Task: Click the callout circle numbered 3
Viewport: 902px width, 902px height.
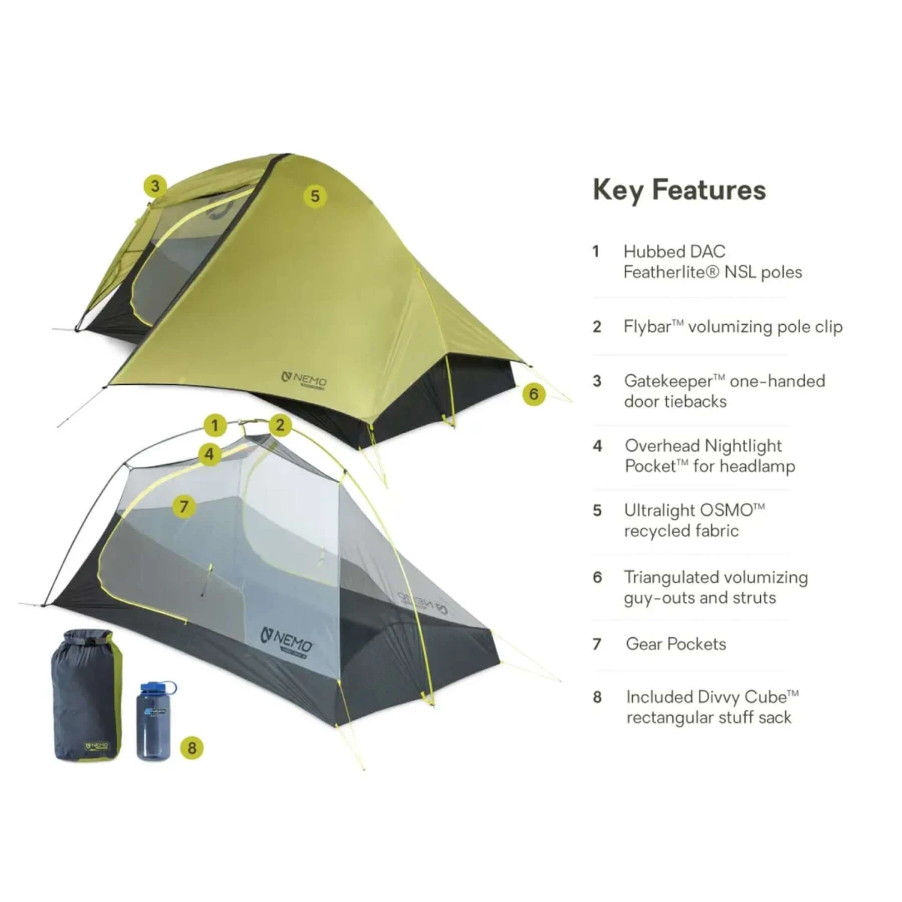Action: [155, 186]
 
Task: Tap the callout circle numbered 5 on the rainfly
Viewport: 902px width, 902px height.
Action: [314, 196]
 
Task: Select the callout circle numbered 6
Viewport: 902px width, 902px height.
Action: [533, 394]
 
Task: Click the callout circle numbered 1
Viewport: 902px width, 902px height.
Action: [215, 426]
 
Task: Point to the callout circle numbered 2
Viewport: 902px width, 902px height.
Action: [280, 425]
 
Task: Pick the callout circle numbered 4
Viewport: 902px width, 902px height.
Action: [209, 454]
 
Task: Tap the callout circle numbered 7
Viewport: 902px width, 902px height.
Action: [184, 506]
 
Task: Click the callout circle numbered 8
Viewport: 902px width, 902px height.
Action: [192, 747]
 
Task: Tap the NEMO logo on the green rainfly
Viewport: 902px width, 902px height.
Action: [305, 380]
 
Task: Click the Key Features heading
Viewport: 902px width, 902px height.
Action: [679, 190]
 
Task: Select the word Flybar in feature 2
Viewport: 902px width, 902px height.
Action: [647, 327]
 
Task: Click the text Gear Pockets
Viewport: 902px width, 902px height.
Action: [676, 644]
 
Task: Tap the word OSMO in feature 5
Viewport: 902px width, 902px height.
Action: [726, 511]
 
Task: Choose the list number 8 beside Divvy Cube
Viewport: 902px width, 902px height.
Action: [597, 697]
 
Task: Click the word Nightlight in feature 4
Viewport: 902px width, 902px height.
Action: [742, 446]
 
